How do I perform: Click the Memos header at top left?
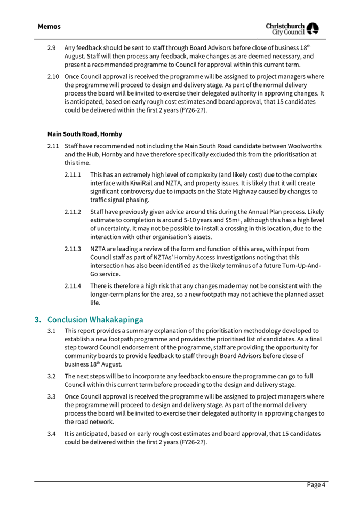pos(49,26)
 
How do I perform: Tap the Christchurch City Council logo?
pos(292,29)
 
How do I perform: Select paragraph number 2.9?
pos(52,47)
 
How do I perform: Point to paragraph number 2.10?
pos(53,76)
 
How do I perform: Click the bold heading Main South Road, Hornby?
pos(84,134)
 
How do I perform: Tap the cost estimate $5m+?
pos(238,220)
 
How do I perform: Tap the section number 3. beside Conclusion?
pos(38,320)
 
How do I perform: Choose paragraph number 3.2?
pos(52,376)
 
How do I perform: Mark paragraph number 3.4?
pos(52,434)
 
